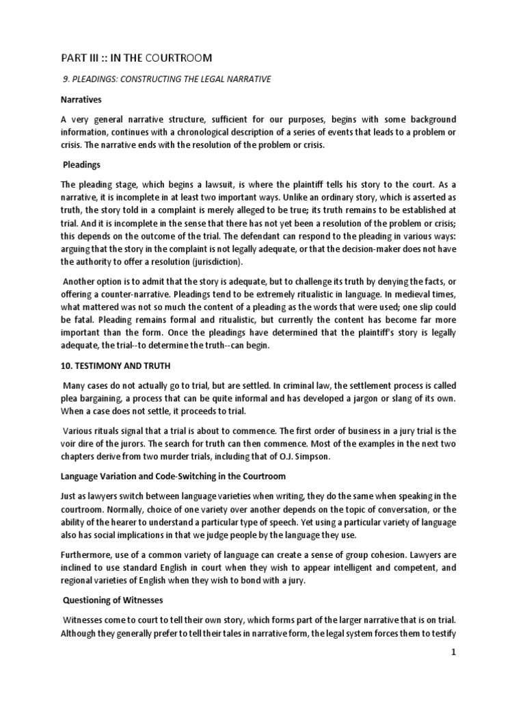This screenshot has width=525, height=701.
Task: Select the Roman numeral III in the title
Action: [x=96, y=57]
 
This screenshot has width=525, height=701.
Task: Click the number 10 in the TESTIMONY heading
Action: [x=66, y=366]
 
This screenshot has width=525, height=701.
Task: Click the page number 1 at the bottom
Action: [x=453, y=652]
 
